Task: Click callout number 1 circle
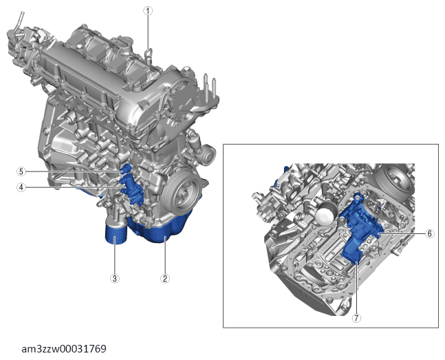pyautogui.click(x=148, y=11)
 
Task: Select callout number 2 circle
pyautogui.click(x=165, y=279)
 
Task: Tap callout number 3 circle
pyautogui.click(x=115, y=279)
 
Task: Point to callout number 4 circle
pyautogui.click(x=21, y=187)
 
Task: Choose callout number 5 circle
pyautogui.click(x=21, y=171)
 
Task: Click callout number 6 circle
pyautogui.click(x=430, y=233)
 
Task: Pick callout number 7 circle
pyautogui.click(x=356, y=318)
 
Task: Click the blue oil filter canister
pyautogui.click(x=116, y=233)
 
